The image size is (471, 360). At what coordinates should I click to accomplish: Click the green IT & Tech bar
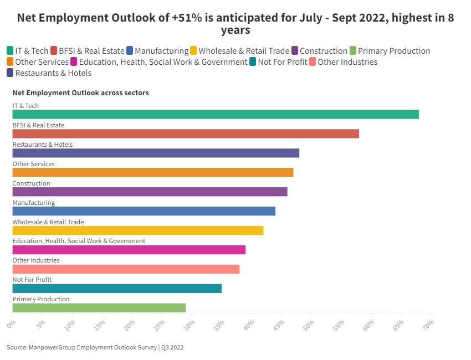coord(216,115)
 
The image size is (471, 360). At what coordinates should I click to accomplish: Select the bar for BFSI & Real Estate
coord(186,134)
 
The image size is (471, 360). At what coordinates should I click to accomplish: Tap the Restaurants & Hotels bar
coord(156,153)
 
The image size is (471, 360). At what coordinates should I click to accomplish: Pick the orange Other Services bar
coord(153,173)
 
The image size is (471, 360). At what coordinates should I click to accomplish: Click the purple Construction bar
coord(150,192)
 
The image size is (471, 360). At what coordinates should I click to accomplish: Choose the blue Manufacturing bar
coord(144,211)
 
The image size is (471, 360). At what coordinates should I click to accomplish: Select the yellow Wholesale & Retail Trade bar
coord(138,230)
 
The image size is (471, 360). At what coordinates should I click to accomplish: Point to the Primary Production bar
coord(99,308)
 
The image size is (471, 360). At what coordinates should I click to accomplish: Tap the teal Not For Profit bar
coord(117,289)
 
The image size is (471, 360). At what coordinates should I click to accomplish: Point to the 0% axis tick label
coord(11,322)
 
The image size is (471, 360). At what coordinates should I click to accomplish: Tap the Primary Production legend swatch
coord(354,51)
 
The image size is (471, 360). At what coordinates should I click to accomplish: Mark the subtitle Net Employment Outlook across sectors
coord(81,93)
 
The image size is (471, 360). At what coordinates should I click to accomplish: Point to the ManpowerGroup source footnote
coord(95,348)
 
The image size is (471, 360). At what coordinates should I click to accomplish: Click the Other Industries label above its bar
coord(36,260)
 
